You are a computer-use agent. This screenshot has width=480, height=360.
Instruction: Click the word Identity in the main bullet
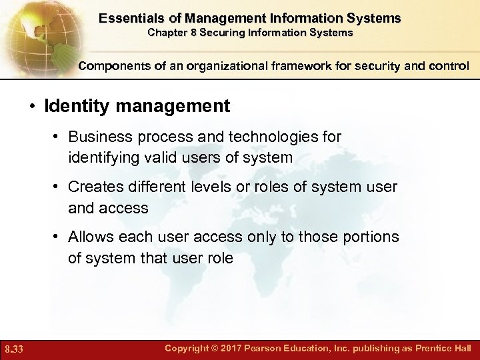click(x=74, y=105)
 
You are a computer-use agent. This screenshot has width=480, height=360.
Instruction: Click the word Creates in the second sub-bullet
click(x=93, y=187)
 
